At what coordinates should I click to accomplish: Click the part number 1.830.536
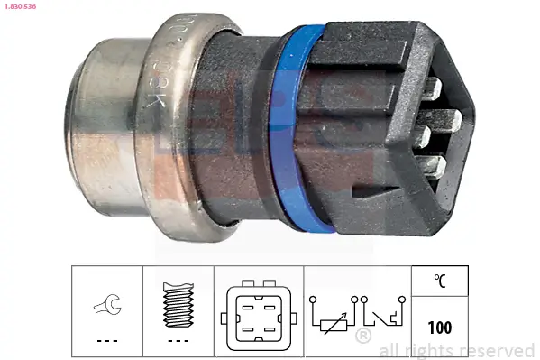point(18,6)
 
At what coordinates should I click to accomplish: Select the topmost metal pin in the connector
point(432,89)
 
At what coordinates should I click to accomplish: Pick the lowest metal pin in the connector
point(434,168)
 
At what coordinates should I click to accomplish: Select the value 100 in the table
point(439,328)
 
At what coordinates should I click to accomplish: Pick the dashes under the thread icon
point(179,342)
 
